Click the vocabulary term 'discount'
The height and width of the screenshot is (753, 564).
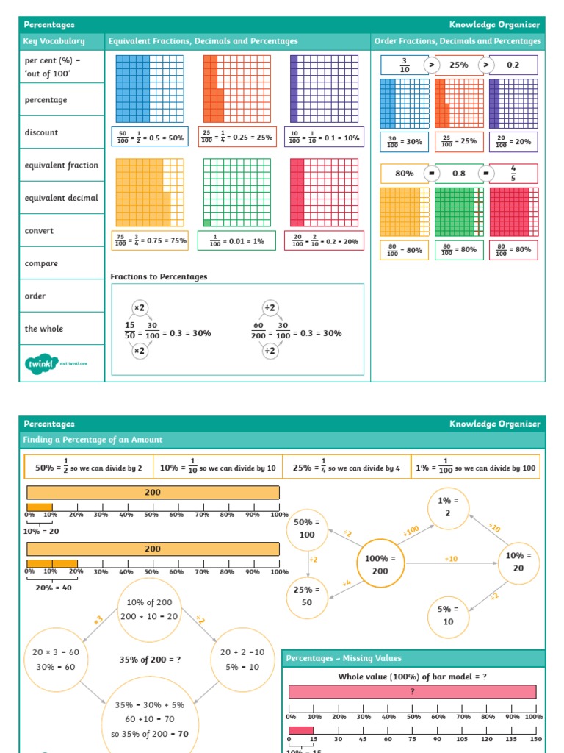click(42, 132)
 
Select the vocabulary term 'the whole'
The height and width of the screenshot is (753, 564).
click(44, 329)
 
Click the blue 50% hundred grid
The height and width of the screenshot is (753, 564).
click(150, 88)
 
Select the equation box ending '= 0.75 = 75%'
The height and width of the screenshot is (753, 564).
click(150, 240)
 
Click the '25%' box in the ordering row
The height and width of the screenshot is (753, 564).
click(459, 65)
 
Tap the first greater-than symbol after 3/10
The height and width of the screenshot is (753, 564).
click(432, 65)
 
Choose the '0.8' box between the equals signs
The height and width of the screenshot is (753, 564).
click(459, 174)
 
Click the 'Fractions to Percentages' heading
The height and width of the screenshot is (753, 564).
click(159, 276)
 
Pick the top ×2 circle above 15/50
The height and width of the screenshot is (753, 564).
click(140, 307)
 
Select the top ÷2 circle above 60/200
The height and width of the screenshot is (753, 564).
click(270, 307)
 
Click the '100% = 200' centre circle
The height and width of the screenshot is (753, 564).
click(380, 564)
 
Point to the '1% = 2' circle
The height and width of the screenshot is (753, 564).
click(448, 507)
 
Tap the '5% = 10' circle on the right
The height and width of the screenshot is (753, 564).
click(448, 615)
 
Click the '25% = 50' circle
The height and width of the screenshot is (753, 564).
click(307, 596)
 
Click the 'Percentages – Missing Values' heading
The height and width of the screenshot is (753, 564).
click(344, 658)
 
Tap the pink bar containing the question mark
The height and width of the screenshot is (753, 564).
click(412, 691)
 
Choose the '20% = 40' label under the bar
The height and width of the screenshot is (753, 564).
click(54, 588)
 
